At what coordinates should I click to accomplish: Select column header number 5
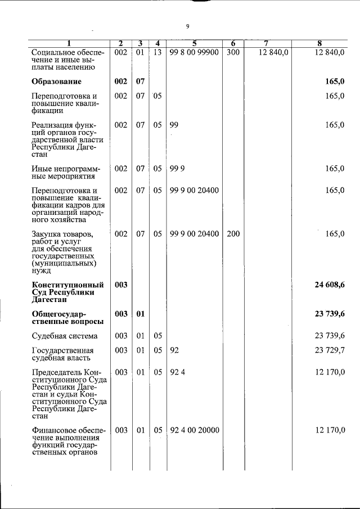coord(193,44)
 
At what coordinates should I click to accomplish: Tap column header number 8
coord(319,44)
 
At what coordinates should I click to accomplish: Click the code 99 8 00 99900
coord(194,52)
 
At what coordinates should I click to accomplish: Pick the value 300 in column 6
coord(233,52)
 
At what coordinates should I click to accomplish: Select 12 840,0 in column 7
coord(273,52)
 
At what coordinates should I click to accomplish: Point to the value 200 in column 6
coord(233,233)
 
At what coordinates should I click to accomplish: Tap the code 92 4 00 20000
coord(194,430)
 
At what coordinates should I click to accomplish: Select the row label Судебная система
coord(65,336)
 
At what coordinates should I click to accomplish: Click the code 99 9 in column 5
coord(178,168)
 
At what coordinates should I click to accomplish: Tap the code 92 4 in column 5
coord(178,372)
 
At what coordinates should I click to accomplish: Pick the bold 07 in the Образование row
coord(140,82)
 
